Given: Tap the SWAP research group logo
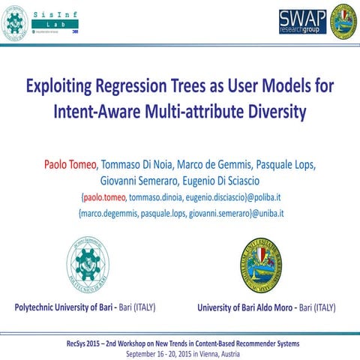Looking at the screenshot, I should (302, 22).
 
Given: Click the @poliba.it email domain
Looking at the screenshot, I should (259, 198).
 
